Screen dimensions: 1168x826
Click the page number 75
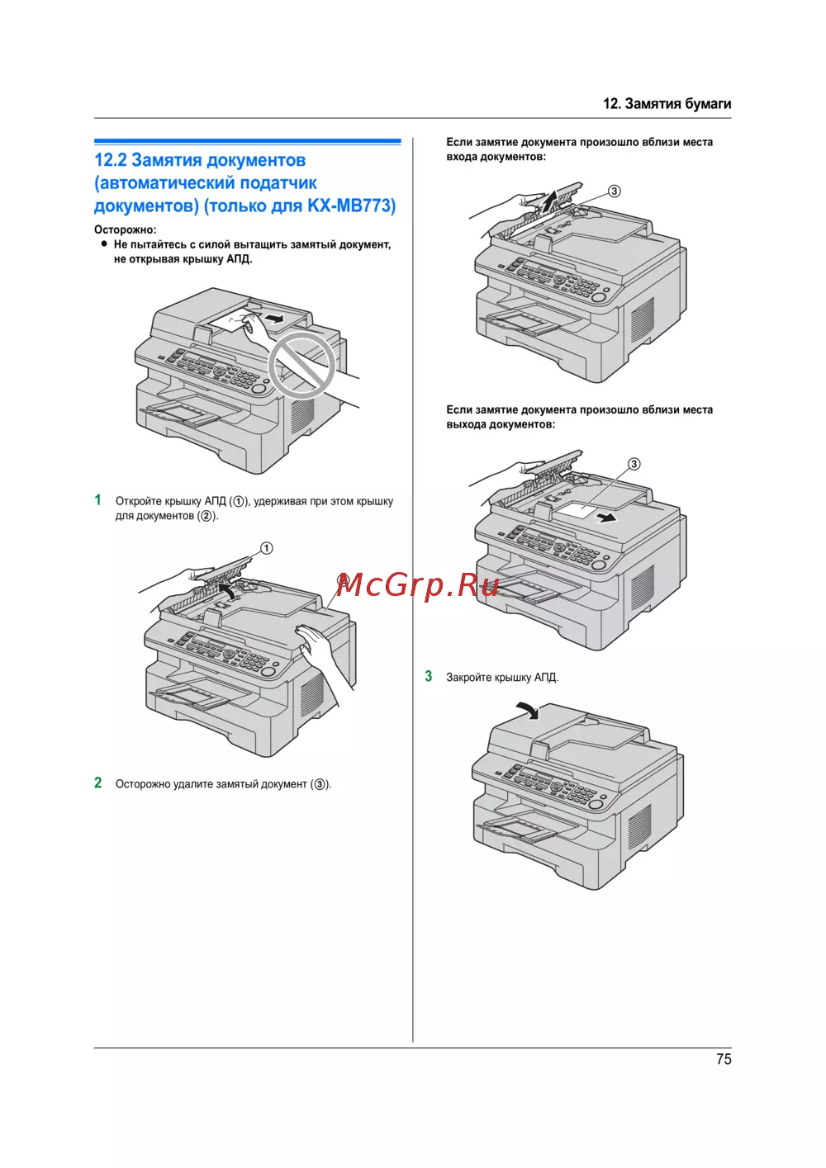[724, 1059]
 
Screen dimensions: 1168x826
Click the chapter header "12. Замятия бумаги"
[667, 103]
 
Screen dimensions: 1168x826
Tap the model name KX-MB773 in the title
[351, 206]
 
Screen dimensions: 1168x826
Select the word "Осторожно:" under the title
[125, 229]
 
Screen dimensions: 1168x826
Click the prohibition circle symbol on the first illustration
[301, 366]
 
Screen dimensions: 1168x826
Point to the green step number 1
[98, 500]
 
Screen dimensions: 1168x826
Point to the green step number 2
[98, 783]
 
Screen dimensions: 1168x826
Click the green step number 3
[429, 676]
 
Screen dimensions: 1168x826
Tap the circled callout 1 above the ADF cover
[266, 548]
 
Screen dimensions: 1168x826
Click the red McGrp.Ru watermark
[417, 584]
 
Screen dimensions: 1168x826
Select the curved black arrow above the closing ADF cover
[525, 709]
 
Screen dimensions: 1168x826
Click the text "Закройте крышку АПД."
[502, 678]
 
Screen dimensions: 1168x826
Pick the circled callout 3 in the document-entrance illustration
[614, 192]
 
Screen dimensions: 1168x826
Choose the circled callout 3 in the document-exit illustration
[634, 464]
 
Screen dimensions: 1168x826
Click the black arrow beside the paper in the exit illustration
[607, 518]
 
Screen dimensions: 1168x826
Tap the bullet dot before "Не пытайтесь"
[104, 244]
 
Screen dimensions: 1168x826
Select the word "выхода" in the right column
[466, 424]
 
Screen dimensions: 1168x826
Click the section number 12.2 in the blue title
[111, 160]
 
